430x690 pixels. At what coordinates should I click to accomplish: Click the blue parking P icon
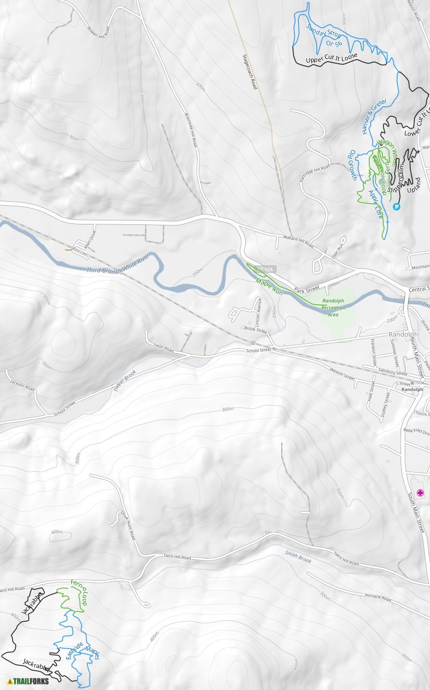click(x=397, y=207)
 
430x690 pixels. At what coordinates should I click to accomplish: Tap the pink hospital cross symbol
click(x=420, y=493)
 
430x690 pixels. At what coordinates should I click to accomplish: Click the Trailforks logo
click(x=29, y=681)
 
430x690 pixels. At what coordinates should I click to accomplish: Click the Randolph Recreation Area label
click(x=333, y=307)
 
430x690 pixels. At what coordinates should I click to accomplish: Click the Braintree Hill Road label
click(x=190, y=129)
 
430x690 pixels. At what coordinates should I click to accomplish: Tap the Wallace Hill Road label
click(x=298, y=242)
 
